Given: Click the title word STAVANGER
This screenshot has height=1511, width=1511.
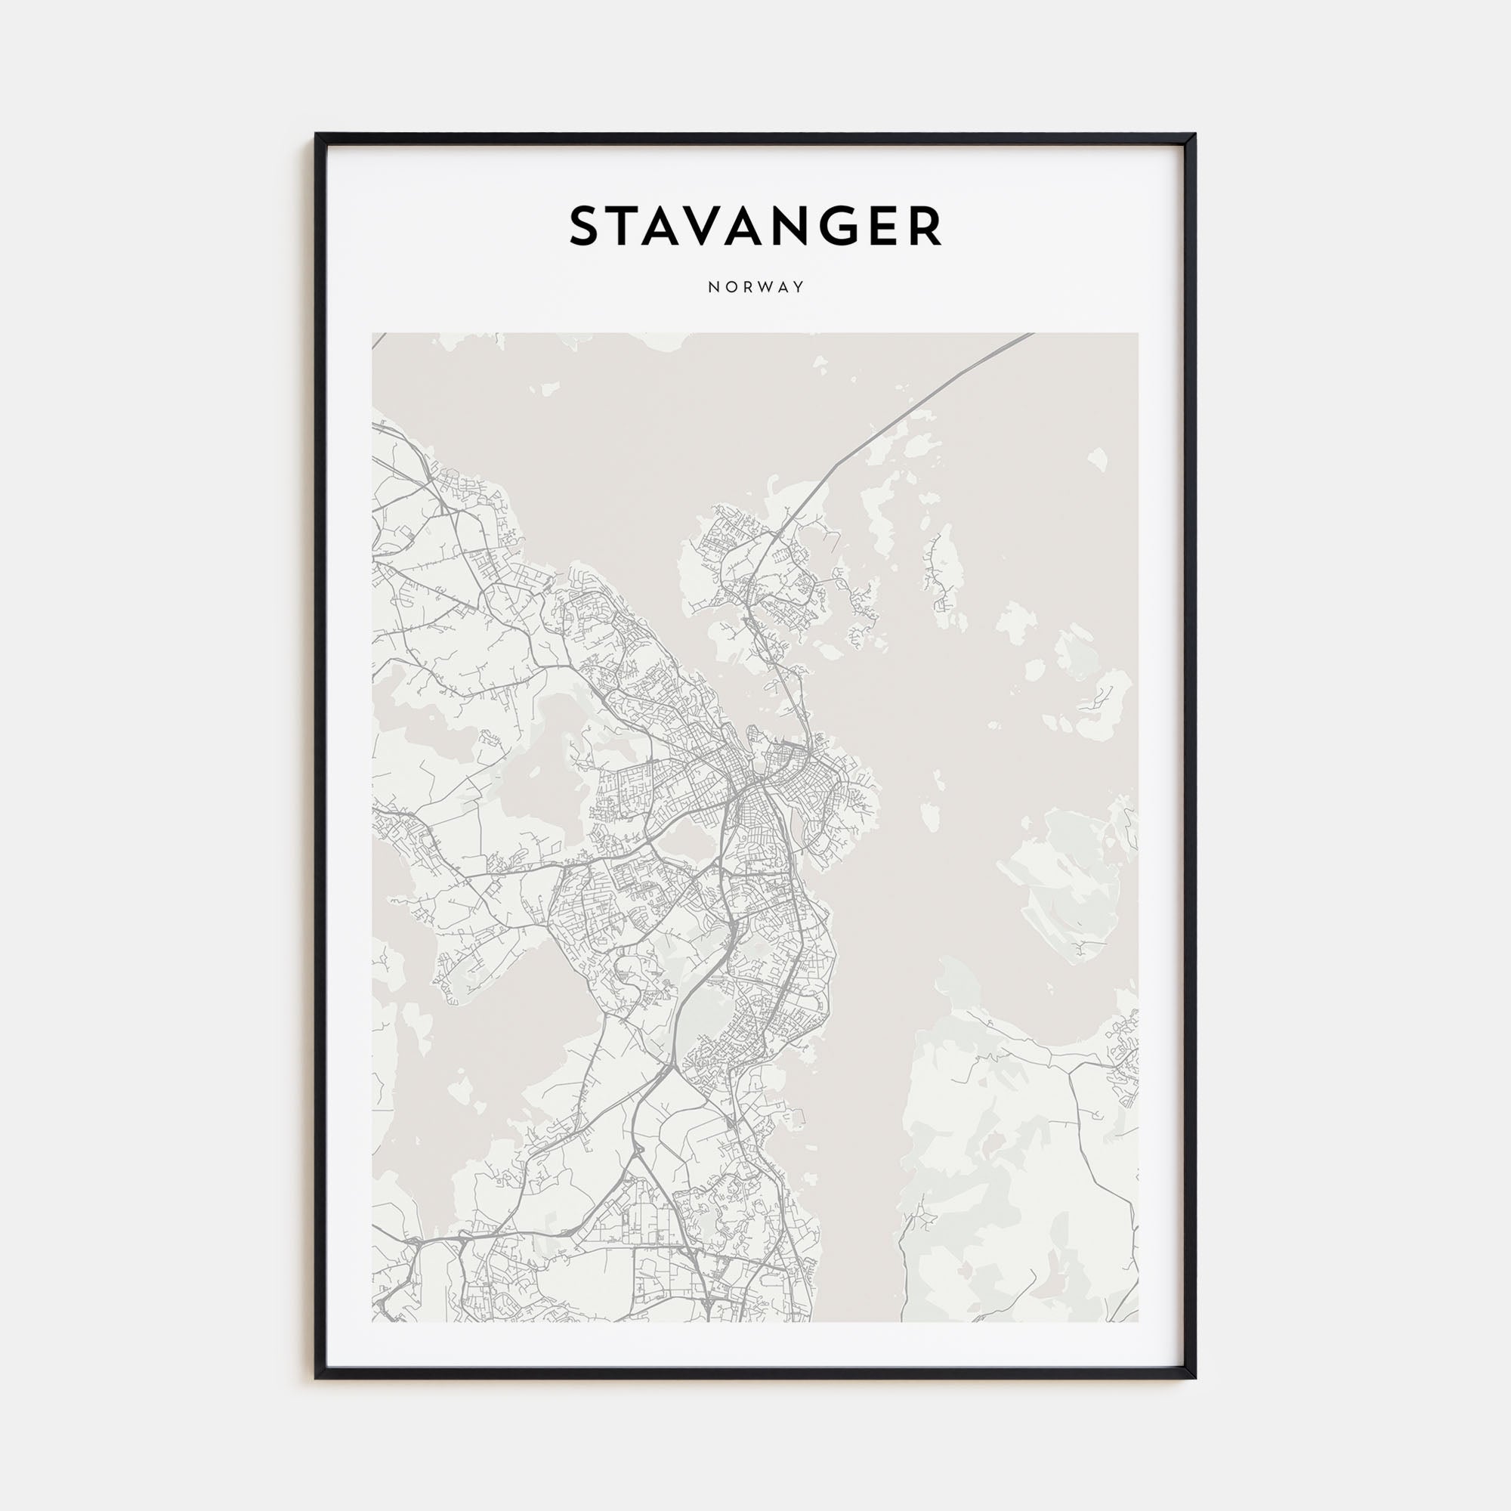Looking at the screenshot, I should tap(755, 227).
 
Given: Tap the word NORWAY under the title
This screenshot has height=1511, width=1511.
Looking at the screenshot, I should tap(755, 287).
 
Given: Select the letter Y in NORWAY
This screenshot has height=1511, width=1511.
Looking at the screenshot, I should tap(799, 287).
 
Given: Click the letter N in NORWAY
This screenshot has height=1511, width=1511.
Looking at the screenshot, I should tap(712, 287).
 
